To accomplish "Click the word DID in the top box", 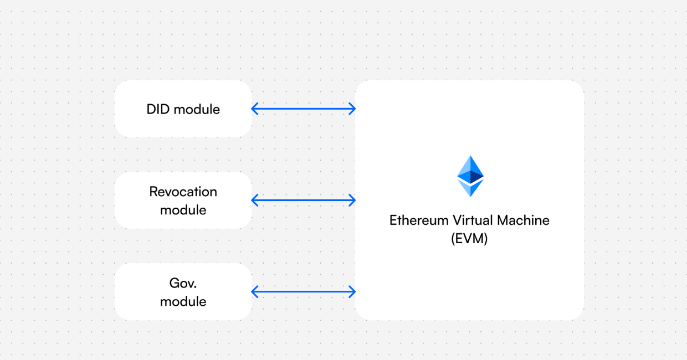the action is pyautogui.click(x=158, y=109).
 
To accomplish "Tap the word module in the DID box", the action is pyautogui.click(x=197, y=109).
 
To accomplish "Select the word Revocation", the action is pyautogui.click(x=183, y=192).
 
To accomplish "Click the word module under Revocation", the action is pyautogui.click(x=183, y=210).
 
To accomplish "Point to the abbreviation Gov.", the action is pyautogui.click(x=183, y=283).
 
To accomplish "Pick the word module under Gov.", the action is pyautogui.click(x=183, y=301).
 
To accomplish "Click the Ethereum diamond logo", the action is pyautogui.click(x=470, y=176).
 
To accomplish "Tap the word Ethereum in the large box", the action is pyautogui.click(x=419, y=220).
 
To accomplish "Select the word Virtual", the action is pyautogui.click(x=473, y=220).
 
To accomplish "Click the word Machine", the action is pyautogui.click(x=523, y=220).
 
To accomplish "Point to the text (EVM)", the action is pyautogui.click(x=469, y=239).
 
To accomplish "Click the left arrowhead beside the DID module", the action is pyautogui.click(x=255, y=109).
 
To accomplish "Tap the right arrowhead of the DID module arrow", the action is pyautogui.click(x=352, y=109).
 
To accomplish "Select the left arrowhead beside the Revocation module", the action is pyautogui.click(x=255, y=200).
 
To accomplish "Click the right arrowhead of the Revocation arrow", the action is pyautogui.click(x=352, y=200).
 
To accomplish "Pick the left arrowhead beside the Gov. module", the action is pyautogui.click(x=255, y=292).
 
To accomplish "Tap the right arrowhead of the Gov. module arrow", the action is pyautogui.click(x=352, y=292).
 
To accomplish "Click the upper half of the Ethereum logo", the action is pyautogui.click(x=470, y=169).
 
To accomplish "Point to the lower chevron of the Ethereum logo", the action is pyautogui.click(x=470, y=188).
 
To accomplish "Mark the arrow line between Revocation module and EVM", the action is pyautogui.click(x=303, y=200).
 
